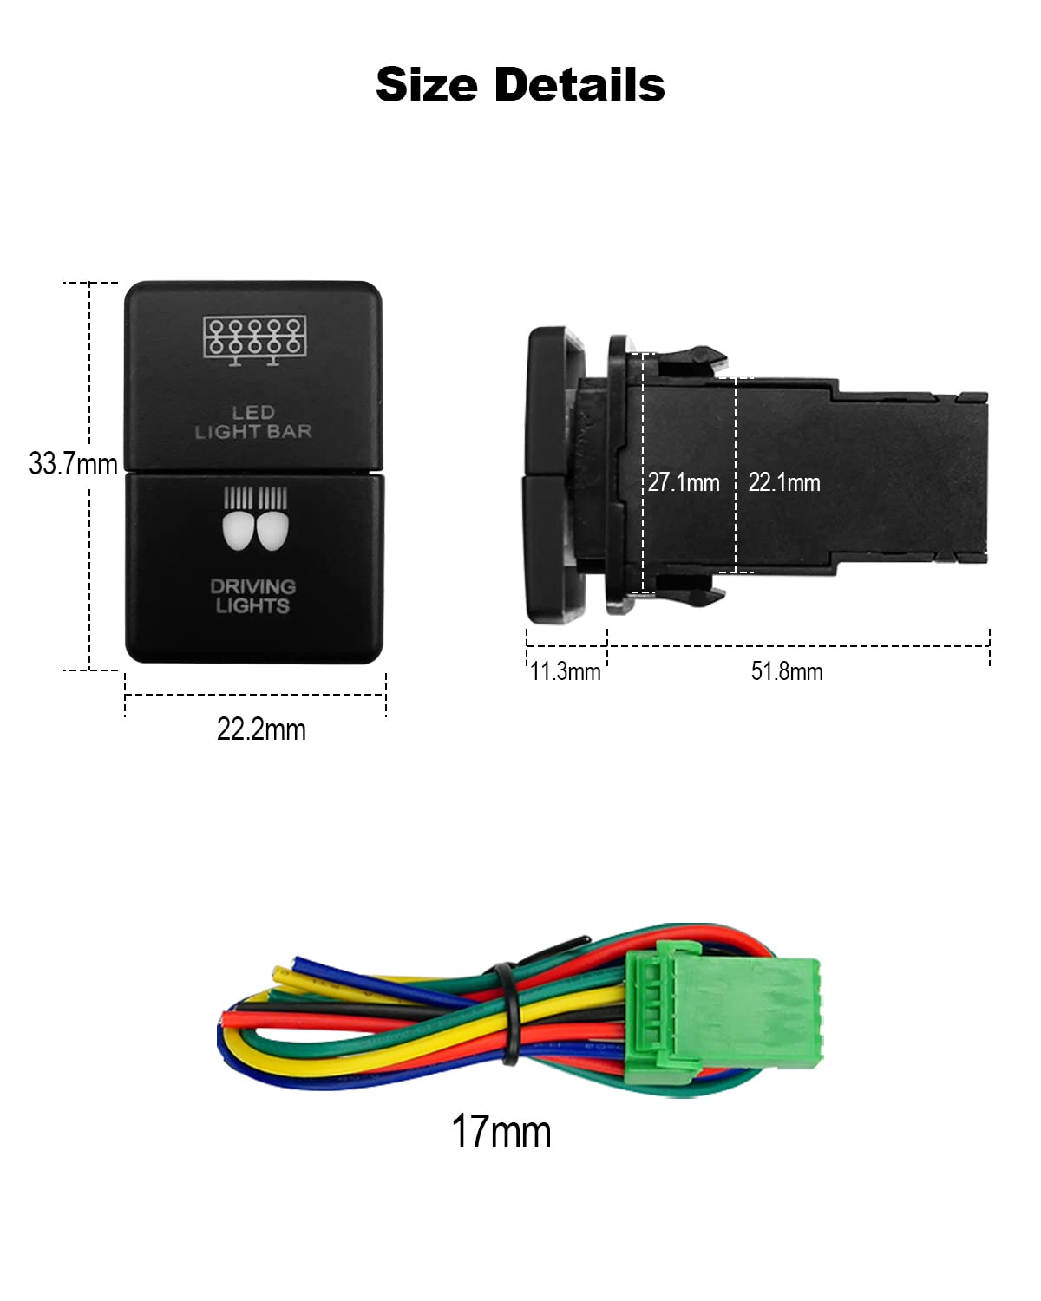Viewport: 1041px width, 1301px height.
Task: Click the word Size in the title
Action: [427, 85]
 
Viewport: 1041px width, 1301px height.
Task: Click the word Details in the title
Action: [579, 84]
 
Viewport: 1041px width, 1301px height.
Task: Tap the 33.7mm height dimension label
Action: [73, 464]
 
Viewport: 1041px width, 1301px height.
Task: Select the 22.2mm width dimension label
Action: [261, 729]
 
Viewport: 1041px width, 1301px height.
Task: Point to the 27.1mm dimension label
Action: [684, 482]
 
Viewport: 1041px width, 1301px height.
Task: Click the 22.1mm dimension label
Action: [784, 482]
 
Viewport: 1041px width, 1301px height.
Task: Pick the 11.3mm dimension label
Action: [566, 671]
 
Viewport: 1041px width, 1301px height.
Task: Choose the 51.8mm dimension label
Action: [786, 671]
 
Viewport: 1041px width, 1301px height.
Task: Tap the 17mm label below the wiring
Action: [501, 1131]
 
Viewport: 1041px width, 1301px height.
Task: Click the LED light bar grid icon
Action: [255, 340]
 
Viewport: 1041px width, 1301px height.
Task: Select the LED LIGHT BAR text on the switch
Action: [253, 422]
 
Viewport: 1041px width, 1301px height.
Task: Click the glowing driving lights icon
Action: [255, 519]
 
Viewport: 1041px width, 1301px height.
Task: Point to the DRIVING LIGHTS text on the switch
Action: [252, 596]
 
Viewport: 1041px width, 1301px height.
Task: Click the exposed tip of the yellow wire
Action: [280, 973]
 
